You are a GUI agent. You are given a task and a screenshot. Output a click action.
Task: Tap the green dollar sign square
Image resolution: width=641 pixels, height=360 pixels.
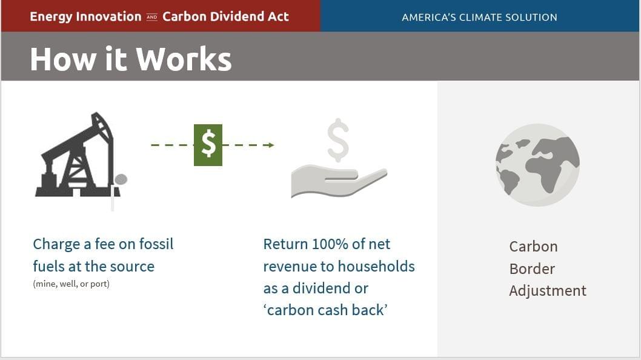click(208, 145)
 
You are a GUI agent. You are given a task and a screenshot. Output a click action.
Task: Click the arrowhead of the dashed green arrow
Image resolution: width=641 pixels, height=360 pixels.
click(271, 145)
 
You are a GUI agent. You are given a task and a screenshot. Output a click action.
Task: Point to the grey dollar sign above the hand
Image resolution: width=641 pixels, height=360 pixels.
click(338, 139)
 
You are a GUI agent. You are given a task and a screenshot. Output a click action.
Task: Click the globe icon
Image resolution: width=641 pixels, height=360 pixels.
click(537, 165)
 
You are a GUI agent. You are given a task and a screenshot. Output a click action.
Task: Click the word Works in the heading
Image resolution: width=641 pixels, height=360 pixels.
click(184, 59)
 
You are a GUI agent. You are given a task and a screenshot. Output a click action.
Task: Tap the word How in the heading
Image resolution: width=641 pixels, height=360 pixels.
click(64, 59)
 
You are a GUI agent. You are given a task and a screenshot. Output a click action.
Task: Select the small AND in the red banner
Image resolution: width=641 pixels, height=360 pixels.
click(151, 17)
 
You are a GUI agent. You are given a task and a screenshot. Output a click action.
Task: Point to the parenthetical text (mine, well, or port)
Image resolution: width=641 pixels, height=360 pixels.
click(71, 284)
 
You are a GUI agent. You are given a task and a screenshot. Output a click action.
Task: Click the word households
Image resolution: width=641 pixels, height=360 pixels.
click(376, 266)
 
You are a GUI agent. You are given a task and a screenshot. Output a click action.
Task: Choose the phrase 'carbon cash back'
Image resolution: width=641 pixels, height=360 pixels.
click(325, 310)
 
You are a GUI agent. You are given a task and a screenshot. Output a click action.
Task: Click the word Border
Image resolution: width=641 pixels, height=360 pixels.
click(531, 268)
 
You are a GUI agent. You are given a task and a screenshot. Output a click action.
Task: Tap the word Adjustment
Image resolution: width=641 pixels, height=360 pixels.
click(547, 291)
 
